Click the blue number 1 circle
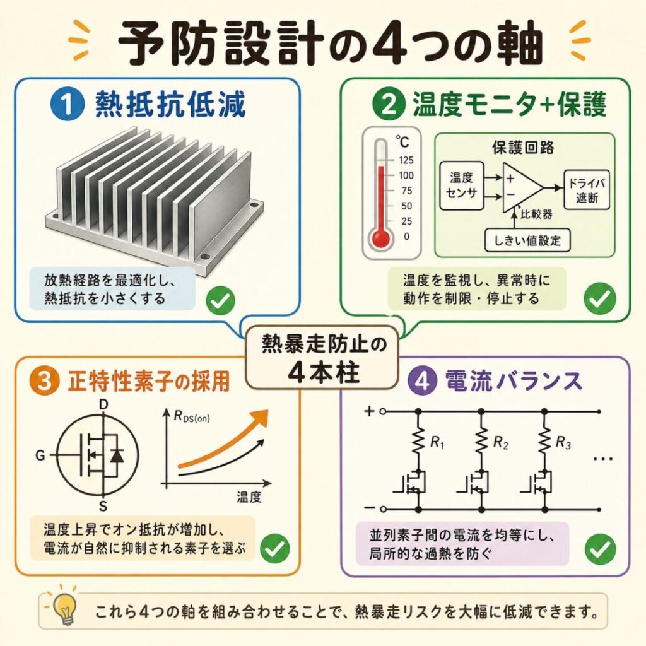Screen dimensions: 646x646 pyautogui.click(x=67, y=105)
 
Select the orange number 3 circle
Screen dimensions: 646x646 pyautogui.click(x=45, y=381)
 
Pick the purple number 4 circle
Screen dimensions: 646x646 pyautogui.click(x=422, y=381)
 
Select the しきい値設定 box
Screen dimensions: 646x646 pyautogui.click(x=527, y=240)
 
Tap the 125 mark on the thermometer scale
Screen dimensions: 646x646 pyautogui.click(x=406, y=160)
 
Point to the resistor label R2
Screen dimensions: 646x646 pyautogui.click(x=500, y=443)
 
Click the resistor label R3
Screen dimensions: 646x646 pyautogui.click(x=563, y=443)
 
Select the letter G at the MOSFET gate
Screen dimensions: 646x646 pyautogui.click(x=40, y=455)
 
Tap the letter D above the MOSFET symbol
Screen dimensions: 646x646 pyautogui.click(x=103, y=405)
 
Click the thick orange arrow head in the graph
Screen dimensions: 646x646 pyautogui.click(x=258, y=420)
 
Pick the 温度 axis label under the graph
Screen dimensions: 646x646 pyautogui.click(x=249, y=497)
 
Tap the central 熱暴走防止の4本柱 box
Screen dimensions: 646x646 pyautogui.click(x=322, y=357)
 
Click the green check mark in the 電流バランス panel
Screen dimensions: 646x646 pyautogui.click(x=601, y=549)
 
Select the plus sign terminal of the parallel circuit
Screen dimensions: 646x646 pyautogui.click(x=370, y=411)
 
